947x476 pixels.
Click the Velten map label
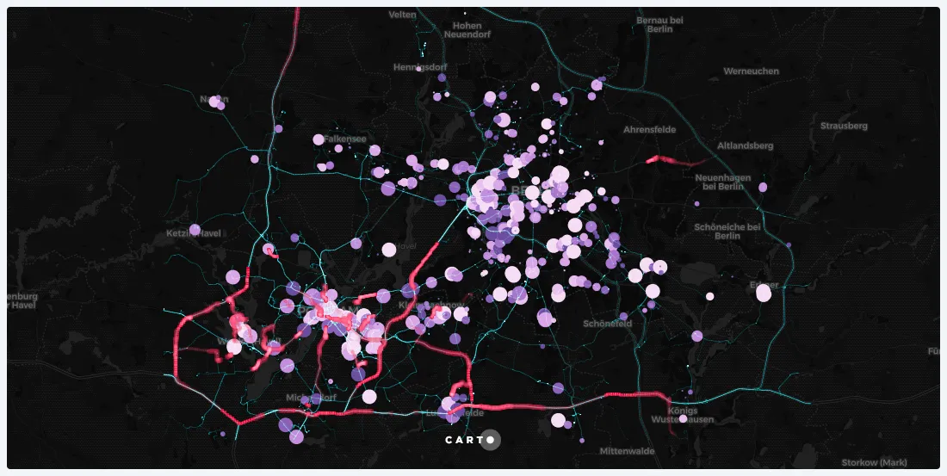pyautogui.click(x=402, y=15)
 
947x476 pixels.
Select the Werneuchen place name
pyautogui.click(x=751, y=71)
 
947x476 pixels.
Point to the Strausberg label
pyautogui.click(x=844, y=126)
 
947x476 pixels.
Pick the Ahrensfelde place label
pyautogui.click(x=649, y=129)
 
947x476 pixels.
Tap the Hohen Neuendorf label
pyautogui.click(x=462, y=30)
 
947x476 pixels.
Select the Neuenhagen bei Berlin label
pyautogui.click(x=723, y=181)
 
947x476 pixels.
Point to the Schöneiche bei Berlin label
pyautogui.click(x=727, y=231)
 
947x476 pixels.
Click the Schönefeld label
pyautogui.click(x=608, y=324)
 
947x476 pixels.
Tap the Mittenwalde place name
pyautogui.click(x=628, y=451)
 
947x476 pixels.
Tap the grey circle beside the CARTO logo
pyautogui.click(x=490, y=440)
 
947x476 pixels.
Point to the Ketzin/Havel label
pyautogui.click(x=195, y=234)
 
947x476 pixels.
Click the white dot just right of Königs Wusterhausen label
pyautogui.click(x=683, y=419)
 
